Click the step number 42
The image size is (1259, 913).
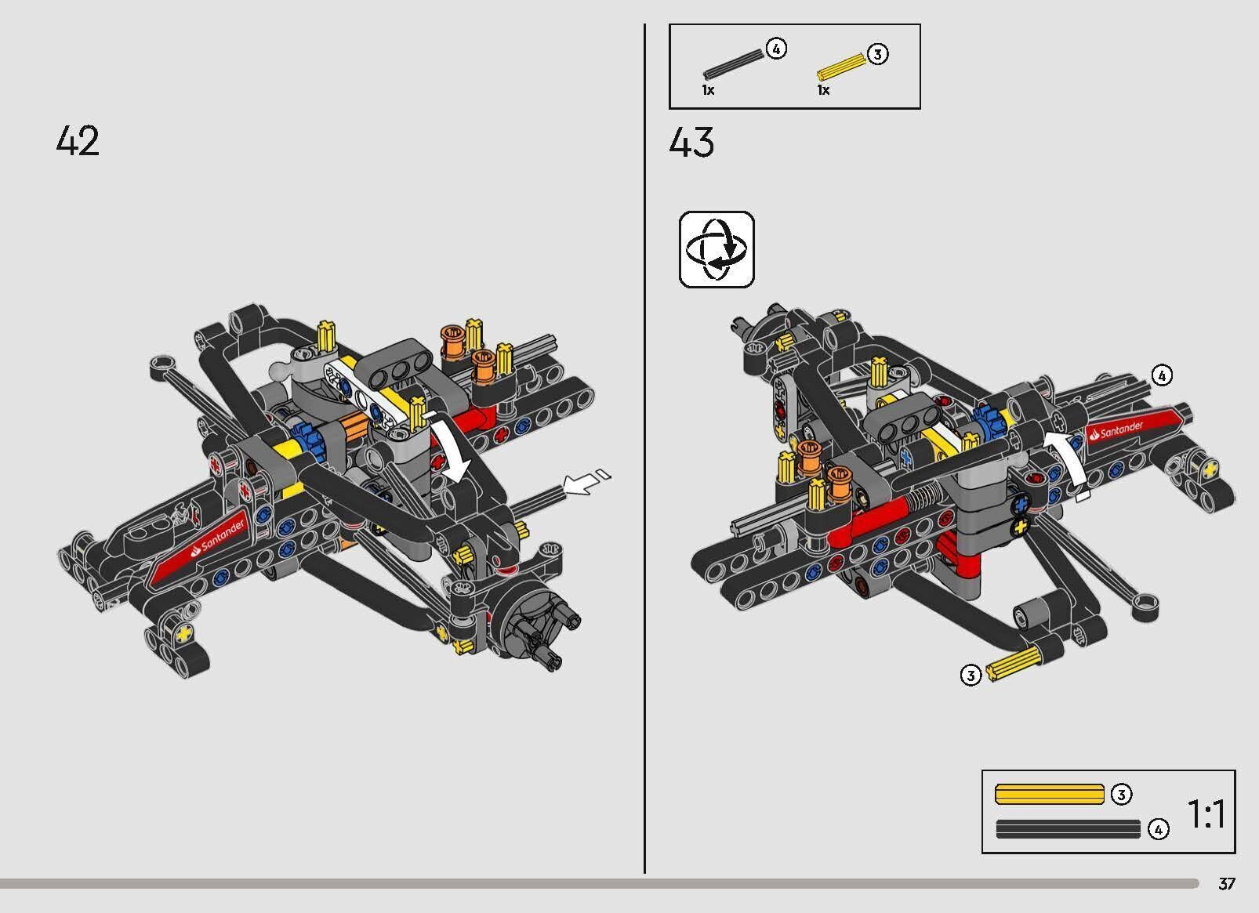click(78, 142)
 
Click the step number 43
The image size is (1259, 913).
click(691, 143)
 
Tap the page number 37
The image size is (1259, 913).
click(1227, 884)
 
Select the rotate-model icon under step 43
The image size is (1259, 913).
click(717, 249)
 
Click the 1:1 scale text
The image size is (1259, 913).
click(1206, 815)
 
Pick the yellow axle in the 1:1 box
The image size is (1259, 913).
click(1048, 794)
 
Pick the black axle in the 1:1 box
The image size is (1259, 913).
click(1068, 828)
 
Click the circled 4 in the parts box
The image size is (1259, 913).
click(775, 49)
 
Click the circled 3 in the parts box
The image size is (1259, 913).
click(877, 54)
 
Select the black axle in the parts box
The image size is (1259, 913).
click(733, 64)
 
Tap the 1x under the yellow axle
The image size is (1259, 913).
click(823, 90)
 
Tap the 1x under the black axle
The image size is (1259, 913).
click(708, 90)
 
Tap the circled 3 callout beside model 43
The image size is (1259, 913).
click(971, 675)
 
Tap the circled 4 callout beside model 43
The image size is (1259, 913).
click(1161, 376)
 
